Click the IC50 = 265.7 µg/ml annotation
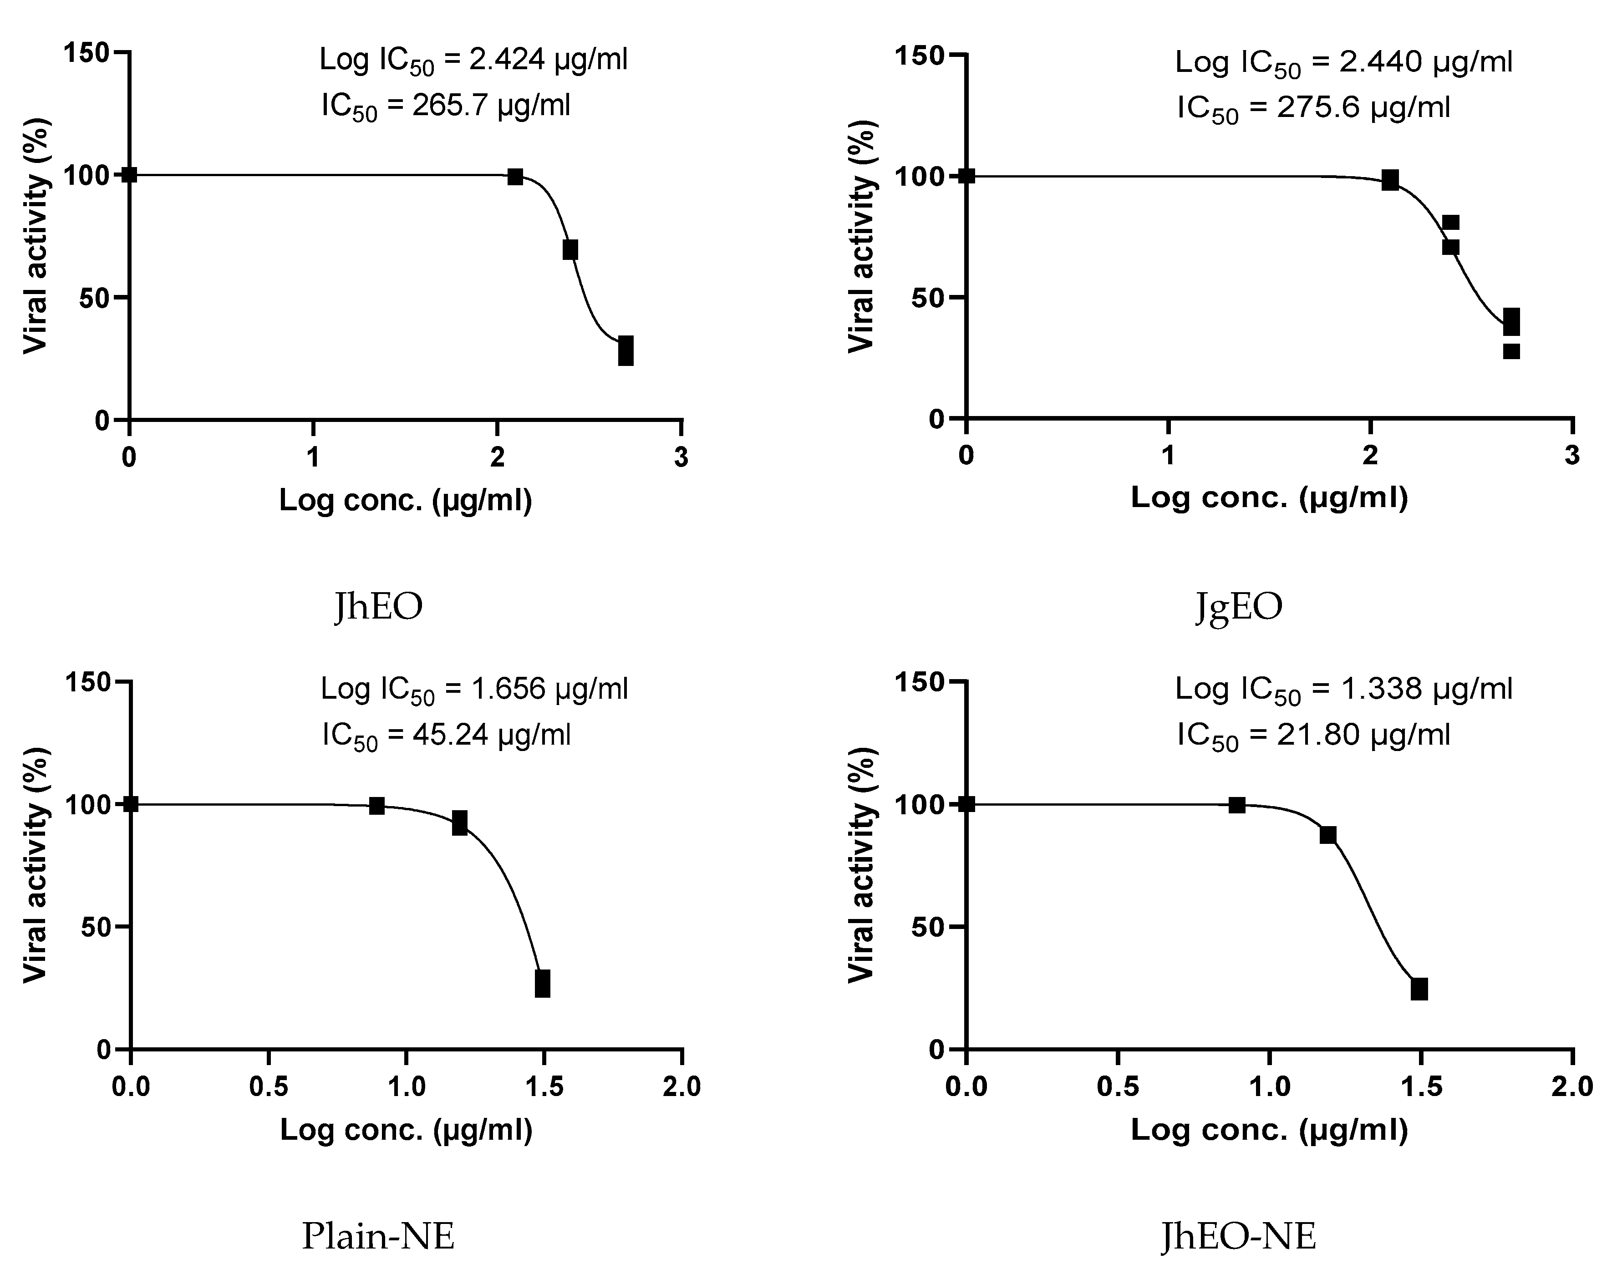[446, 106]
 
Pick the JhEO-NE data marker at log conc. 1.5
[1419, 990]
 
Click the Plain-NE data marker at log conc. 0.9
[377, 806]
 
